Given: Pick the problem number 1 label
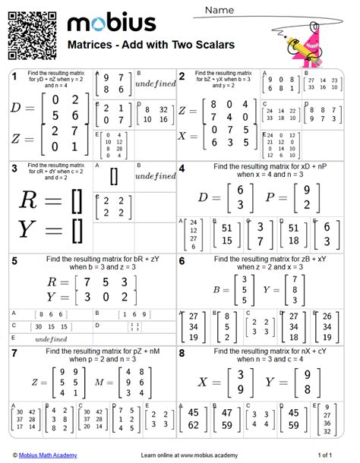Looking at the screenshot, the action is point(14,76).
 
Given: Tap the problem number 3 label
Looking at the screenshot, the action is point(14,168).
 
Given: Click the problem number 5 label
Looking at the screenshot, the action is point(14,261).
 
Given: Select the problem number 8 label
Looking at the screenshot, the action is point(182,354).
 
